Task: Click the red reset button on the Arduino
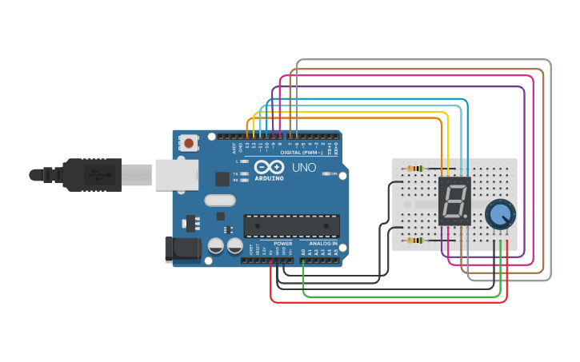189,143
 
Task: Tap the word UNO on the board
303,168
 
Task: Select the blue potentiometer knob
501,214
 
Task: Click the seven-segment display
454,201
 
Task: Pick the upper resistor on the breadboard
414,169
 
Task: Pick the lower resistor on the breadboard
414,240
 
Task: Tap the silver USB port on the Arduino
176,174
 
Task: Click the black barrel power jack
182,249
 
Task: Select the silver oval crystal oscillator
220,201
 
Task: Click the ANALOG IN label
323,243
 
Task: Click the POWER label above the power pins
282,243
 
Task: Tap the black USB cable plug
92,174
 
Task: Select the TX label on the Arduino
235,173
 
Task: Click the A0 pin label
303,252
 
